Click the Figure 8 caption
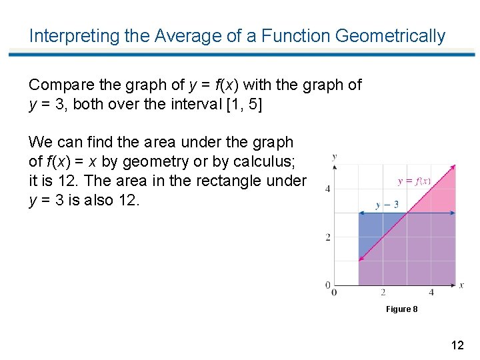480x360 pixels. click(x=402, y=309)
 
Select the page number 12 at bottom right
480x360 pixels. click(x=457, y=345)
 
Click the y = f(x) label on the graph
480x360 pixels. click(x=413, y=181)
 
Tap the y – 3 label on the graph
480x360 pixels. click(x=387, y=205)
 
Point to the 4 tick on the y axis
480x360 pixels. click(x=328, y=189)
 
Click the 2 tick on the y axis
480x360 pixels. click(x=328, y=237)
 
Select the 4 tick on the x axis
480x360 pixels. click(x=431, y=292)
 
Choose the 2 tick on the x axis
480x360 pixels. click(x=383, y=292)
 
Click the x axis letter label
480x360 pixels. click(x=461, y=285)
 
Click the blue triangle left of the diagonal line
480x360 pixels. click(x=371, y=230)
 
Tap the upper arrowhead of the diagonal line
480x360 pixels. click(x=453, y=167)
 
